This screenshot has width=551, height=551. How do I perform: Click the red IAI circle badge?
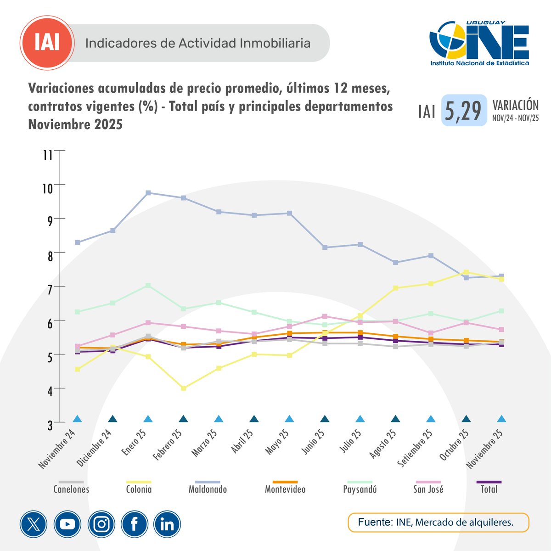click(x=47, y=43)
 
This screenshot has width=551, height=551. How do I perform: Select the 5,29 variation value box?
click(x=464, y=111)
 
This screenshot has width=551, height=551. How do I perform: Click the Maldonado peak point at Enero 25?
click(x=148, y=193)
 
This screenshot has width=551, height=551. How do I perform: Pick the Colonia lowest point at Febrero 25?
click(x=184, y=388)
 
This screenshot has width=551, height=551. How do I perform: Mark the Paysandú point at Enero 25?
click(x=148, y=286)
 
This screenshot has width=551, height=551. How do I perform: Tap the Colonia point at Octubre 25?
click(x=467, y=272)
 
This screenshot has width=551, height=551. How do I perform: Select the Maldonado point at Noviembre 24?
click(x=78, y=242)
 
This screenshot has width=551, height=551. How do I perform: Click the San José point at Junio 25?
click(x=325, y=316)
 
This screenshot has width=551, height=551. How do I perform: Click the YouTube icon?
click(x=67, y=524)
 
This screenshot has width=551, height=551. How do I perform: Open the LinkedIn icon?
click(x=167, y=524)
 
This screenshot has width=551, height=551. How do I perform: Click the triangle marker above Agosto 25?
click(x=395, y=419)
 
